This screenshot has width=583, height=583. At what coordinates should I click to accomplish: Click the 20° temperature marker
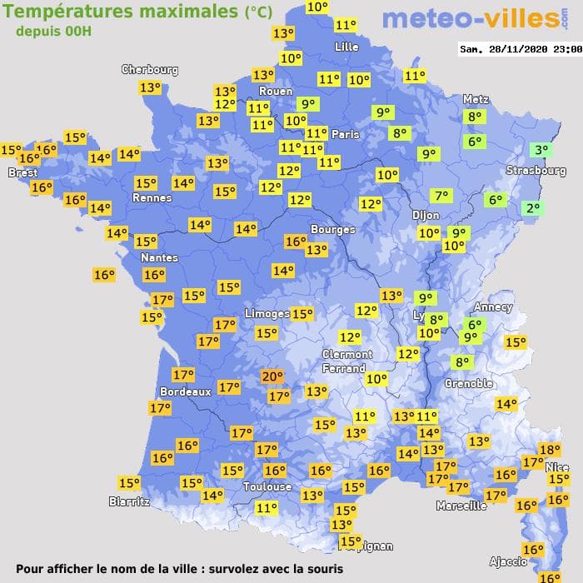pos(272,376)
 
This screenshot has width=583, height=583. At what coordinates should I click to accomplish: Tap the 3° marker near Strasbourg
pos(541,151)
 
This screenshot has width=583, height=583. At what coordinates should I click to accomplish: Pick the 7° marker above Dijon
pos(441,197)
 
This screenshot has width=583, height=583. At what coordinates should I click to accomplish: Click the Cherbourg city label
pos(150,70)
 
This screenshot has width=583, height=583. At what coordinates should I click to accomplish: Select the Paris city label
pos(345,134)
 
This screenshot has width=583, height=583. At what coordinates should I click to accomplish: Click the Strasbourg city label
pos(536,171)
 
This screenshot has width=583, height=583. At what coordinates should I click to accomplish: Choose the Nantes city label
pos(158,257)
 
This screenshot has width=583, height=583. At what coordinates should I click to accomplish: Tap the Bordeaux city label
pos(185,391)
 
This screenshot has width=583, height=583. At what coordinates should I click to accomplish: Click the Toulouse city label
pos(267,486)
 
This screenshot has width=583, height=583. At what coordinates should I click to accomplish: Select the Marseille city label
pos(461,506)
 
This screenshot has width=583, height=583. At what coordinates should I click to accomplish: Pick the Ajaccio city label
pos(508,561)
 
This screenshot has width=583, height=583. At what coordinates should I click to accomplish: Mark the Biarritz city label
pos(129,501)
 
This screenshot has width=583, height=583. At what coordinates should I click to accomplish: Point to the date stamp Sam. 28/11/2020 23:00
pos(520,49)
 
